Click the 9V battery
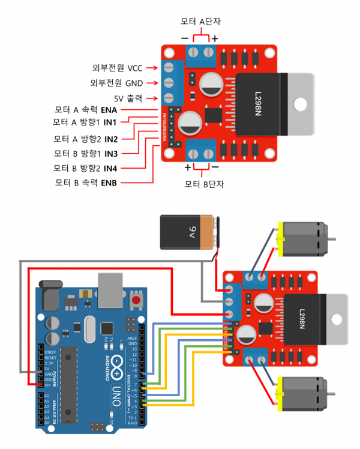(x=186, y=233)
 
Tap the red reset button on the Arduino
(x=137, y=300)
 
